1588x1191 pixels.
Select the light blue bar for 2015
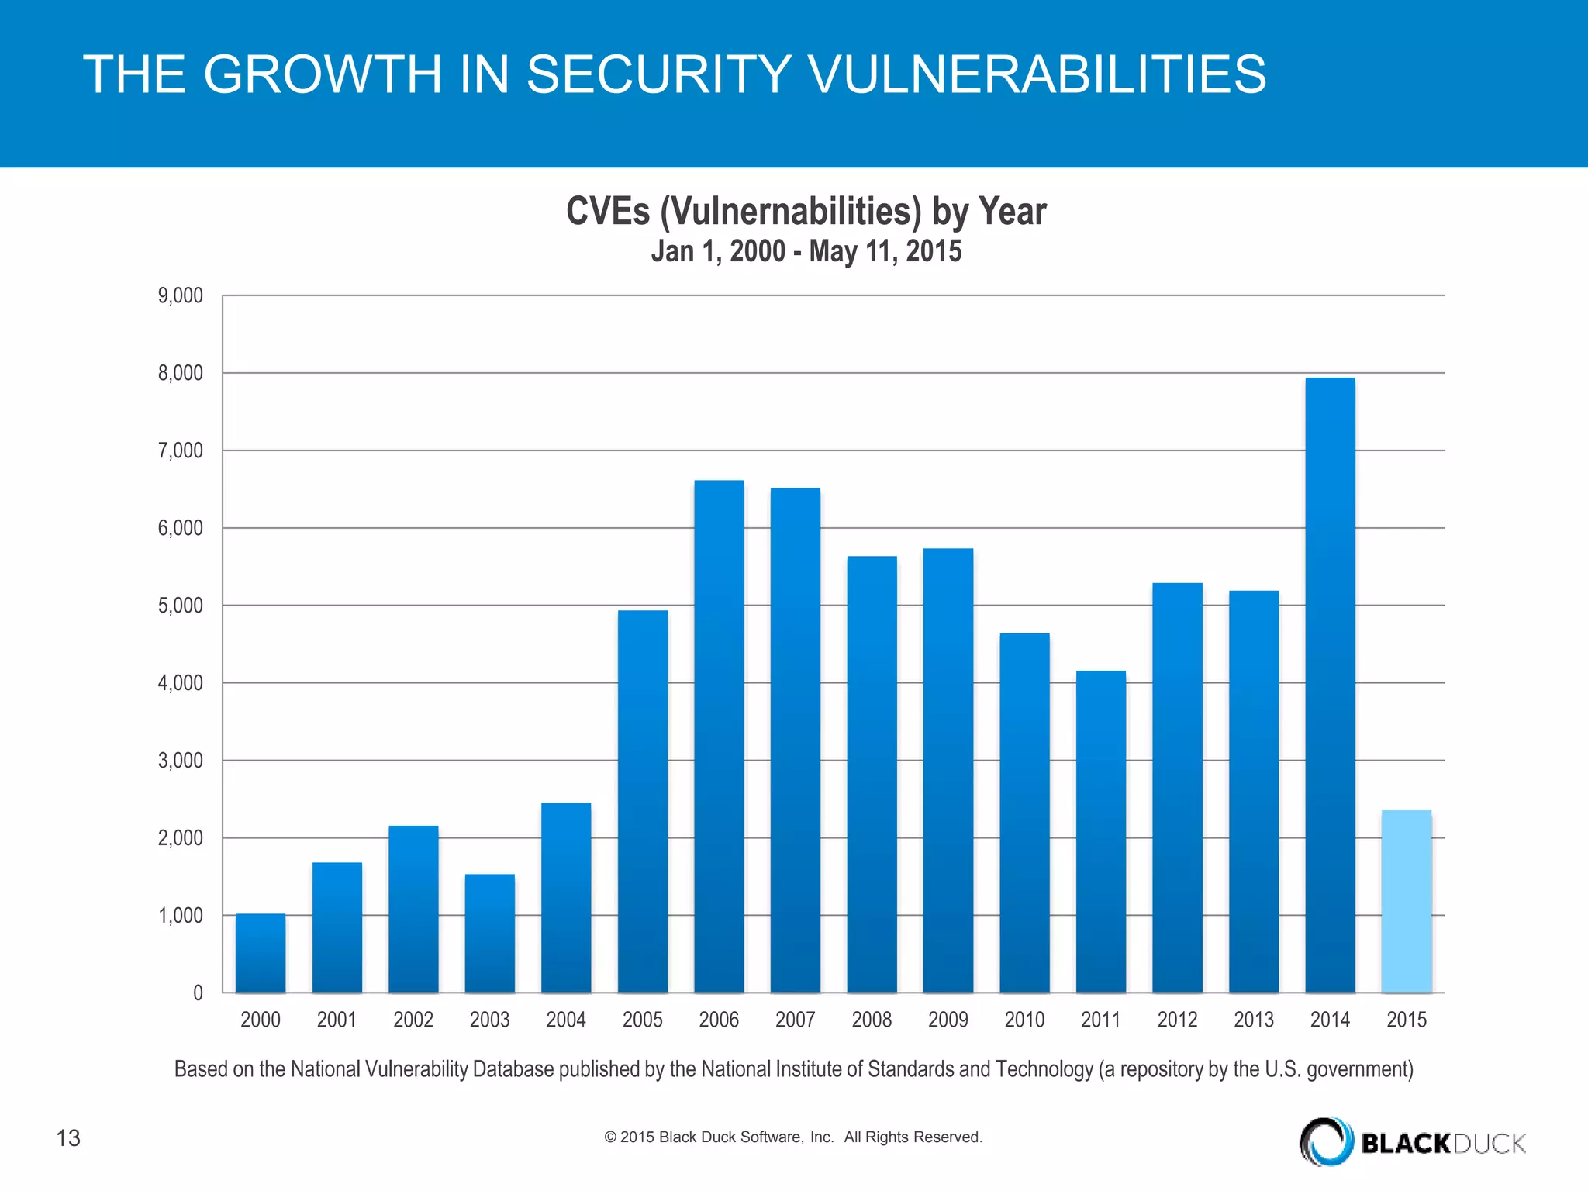[x=1407, y=901]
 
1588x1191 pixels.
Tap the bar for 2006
[x=719, y=737]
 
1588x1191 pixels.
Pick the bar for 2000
[x=261, y=953]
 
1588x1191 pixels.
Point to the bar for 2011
[x=1101, y=831]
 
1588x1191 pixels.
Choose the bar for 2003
[x=489, y=934]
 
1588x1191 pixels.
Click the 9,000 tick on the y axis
[x=181, y=295]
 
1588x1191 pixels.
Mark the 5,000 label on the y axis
[x=181, y=606]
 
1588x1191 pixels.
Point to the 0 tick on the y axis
[x=198, y=993]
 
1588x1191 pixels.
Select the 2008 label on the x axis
[x=872, y=1020]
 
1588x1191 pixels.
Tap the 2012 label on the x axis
[x=1177, y=1020]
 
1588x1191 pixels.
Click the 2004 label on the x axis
[x=566, y=1020]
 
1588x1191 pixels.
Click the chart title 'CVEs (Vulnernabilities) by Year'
[x=806, y=211]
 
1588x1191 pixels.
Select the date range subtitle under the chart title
[x=806, y=251]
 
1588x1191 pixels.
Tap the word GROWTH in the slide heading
[x=323, y=74]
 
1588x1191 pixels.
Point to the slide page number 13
[x=68, y=1138]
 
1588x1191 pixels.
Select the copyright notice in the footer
[x=792, y=1137]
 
